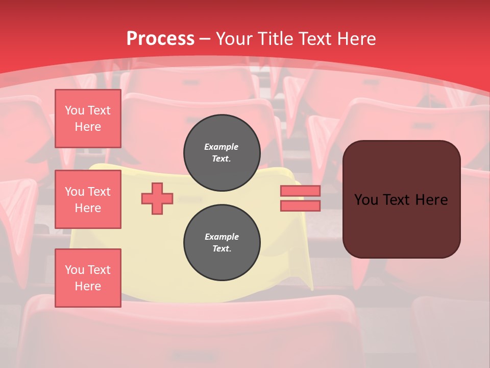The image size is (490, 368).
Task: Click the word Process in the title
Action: (x=160, y=38)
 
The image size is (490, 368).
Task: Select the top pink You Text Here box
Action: (x=88, y=119)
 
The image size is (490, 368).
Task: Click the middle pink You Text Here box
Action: (x=88, y=199)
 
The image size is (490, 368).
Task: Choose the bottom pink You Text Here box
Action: (x=88, y=278)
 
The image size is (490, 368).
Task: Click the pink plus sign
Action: (x=157, y=198)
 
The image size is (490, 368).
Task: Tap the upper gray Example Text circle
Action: (x=222, y=153)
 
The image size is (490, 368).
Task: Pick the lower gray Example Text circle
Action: (x=222, y=243)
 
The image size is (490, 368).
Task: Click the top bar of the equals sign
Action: (x=300, y=191)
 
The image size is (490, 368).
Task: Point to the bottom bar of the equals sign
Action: (x=300, y=206)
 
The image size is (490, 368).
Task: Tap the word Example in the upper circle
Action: (x=222, y=147)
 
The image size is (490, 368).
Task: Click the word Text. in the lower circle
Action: (x=222, y=249)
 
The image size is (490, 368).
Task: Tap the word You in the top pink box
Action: (x=74, y=110)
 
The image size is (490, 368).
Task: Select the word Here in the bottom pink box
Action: (x=88, y=286)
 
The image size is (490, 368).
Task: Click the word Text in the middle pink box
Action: (x=99, y=192)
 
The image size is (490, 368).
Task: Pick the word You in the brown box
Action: (x=366, y=200)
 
